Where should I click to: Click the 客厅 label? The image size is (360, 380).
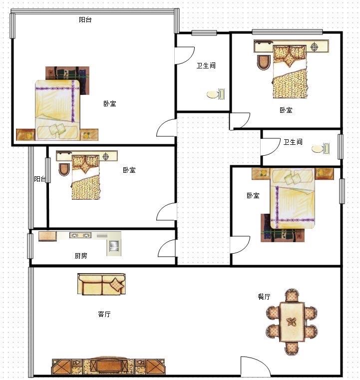104,314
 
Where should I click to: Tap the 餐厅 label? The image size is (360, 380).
264,297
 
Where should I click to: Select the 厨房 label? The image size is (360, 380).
81,256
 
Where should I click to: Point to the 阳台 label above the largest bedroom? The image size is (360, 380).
85,19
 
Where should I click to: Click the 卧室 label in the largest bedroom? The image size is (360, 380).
110,104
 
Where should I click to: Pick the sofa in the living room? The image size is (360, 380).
101,284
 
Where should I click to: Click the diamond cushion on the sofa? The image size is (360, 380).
117,284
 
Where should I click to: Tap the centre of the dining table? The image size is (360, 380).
292,322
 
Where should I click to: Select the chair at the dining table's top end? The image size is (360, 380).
292,296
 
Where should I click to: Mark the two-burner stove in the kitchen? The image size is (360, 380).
80,235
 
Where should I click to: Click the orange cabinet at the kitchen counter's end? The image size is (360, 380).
47,236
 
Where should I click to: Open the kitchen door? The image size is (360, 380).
167,248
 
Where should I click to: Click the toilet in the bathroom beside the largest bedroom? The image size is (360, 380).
216,94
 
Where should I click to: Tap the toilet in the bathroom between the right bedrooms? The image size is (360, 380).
321,149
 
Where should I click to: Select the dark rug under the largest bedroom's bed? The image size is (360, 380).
67,80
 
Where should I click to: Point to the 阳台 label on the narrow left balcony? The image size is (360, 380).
40,179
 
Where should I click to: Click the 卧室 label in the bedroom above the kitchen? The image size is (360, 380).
129,170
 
